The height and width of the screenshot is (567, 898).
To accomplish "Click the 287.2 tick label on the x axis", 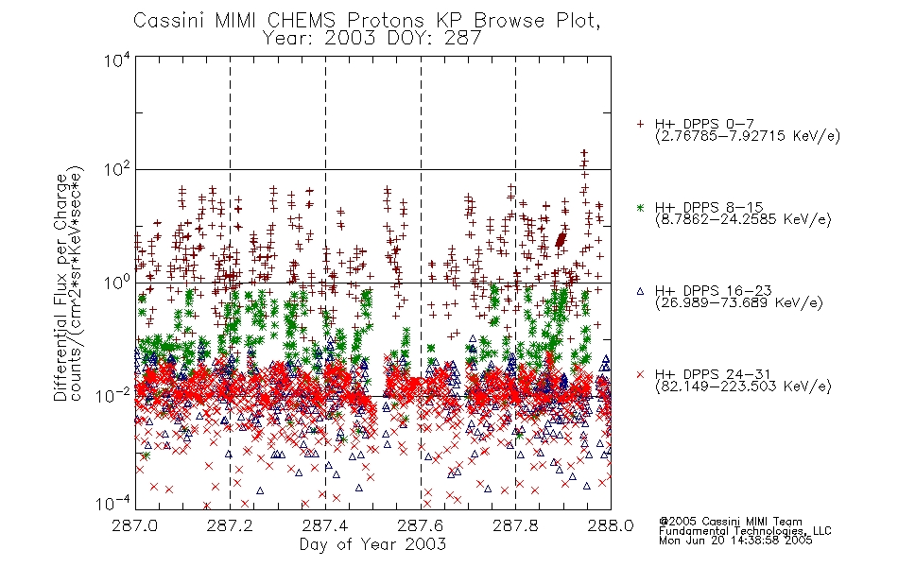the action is pyautogui.click(x=231, y=525).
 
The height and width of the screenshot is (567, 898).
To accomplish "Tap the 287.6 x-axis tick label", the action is pyautogui.click(x=421, y=525).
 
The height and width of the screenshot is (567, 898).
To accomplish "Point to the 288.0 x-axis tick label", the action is pyautogui.click(x=611, y=525).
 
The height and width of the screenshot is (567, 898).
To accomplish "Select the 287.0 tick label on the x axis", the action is pyautogui.click(x=135, y=525).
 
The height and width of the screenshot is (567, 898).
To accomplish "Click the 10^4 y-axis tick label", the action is pyautogui.click(x=117, y=60).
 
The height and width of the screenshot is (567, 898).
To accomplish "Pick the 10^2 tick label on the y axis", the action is pyautogui.click(x=117, y=170).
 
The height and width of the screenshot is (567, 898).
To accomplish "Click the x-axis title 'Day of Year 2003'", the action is pyautogui.click(x=372, y=544).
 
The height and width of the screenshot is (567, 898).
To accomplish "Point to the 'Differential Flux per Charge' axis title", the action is pyautogui.click(x=60, y=284).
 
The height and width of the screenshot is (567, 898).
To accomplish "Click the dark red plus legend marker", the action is pyautogui.click(x=640, y=124).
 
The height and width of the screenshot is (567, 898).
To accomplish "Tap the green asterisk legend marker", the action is pyautogui.click(x=640, y=207).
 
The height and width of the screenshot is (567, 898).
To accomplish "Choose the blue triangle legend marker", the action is pyautogui.click(x=640, y=291).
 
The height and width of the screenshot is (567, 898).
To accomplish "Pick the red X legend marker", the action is pyautogui.click(x=640, y=374).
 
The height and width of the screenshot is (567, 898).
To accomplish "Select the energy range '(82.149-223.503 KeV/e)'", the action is pyautogui.click(x=743, y=387).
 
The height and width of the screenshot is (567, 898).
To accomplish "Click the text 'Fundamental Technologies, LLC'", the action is pyautogui.click(x=745, y=531).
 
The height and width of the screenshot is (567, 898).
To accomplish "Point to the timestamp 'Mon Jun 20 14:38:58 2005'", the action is pyautogui.click(x=735, y=541).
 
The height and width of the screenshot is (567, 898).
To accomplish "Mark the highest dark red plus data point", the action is pyautogui.click(x=583, y=153).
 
